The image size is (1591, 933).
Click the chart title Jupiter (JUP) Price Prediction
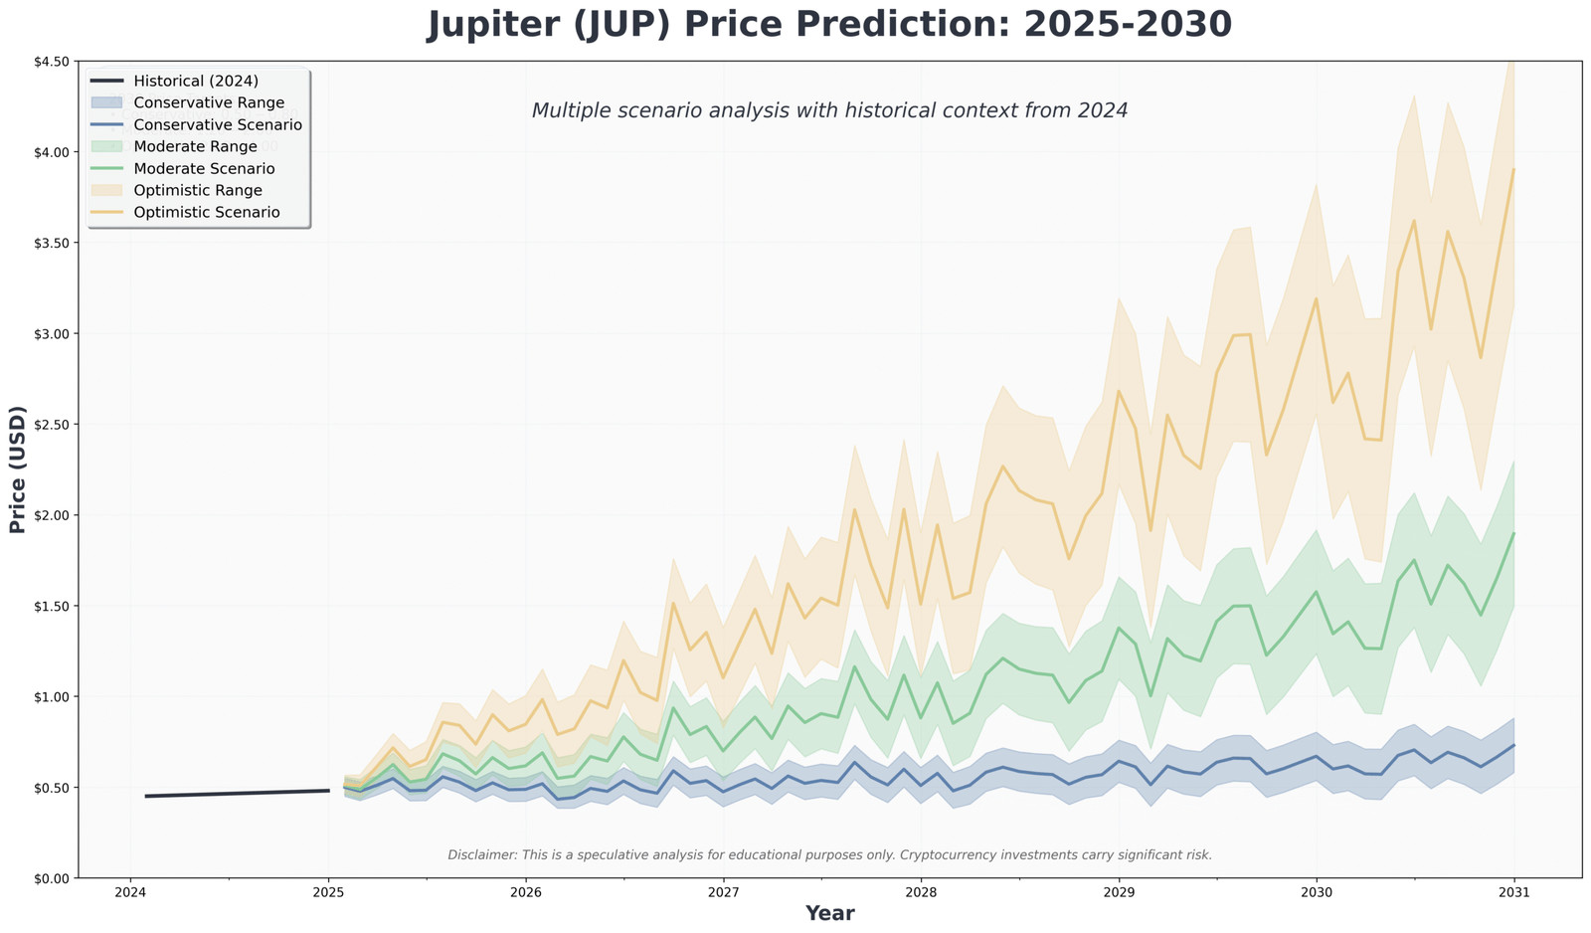tap(829, 24)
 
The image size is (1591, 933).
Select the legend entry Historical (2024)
tap(196, 81)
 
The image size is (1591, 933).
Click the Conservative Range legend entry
tap(209, 102)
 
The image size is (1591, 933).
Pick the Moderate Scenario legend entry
tap(204, 169)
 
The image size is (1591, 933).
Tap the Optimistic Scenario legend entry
tap(207, 212)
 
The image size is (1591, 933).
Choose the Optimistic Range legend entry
tap(198, 190)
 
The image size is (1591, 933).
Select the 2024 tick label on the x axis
tap(130, 892)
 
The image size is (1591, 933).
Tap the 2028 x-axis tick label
tap(921, 892)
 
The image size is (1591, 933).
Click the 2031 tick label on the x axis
tap(1514, 892)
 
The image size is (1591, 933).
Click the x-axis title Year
tap(829, 913)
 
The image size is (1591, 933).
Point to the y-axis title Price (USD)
tap(18, 469)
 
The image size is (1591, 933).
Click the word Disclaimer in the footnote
tap(480, 855)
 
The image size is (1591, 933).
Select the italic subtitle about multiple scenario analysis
tap(829, 110)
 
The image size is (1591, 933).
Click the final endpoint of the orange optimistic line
tap(1513, 170)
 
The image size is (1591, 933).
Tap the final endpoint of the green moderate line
tap(1513, 533)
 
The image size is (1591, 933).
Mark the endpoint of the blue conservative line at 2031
tap(1513, 745)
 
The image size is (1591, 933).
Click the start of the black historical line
tap(146, 796)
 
